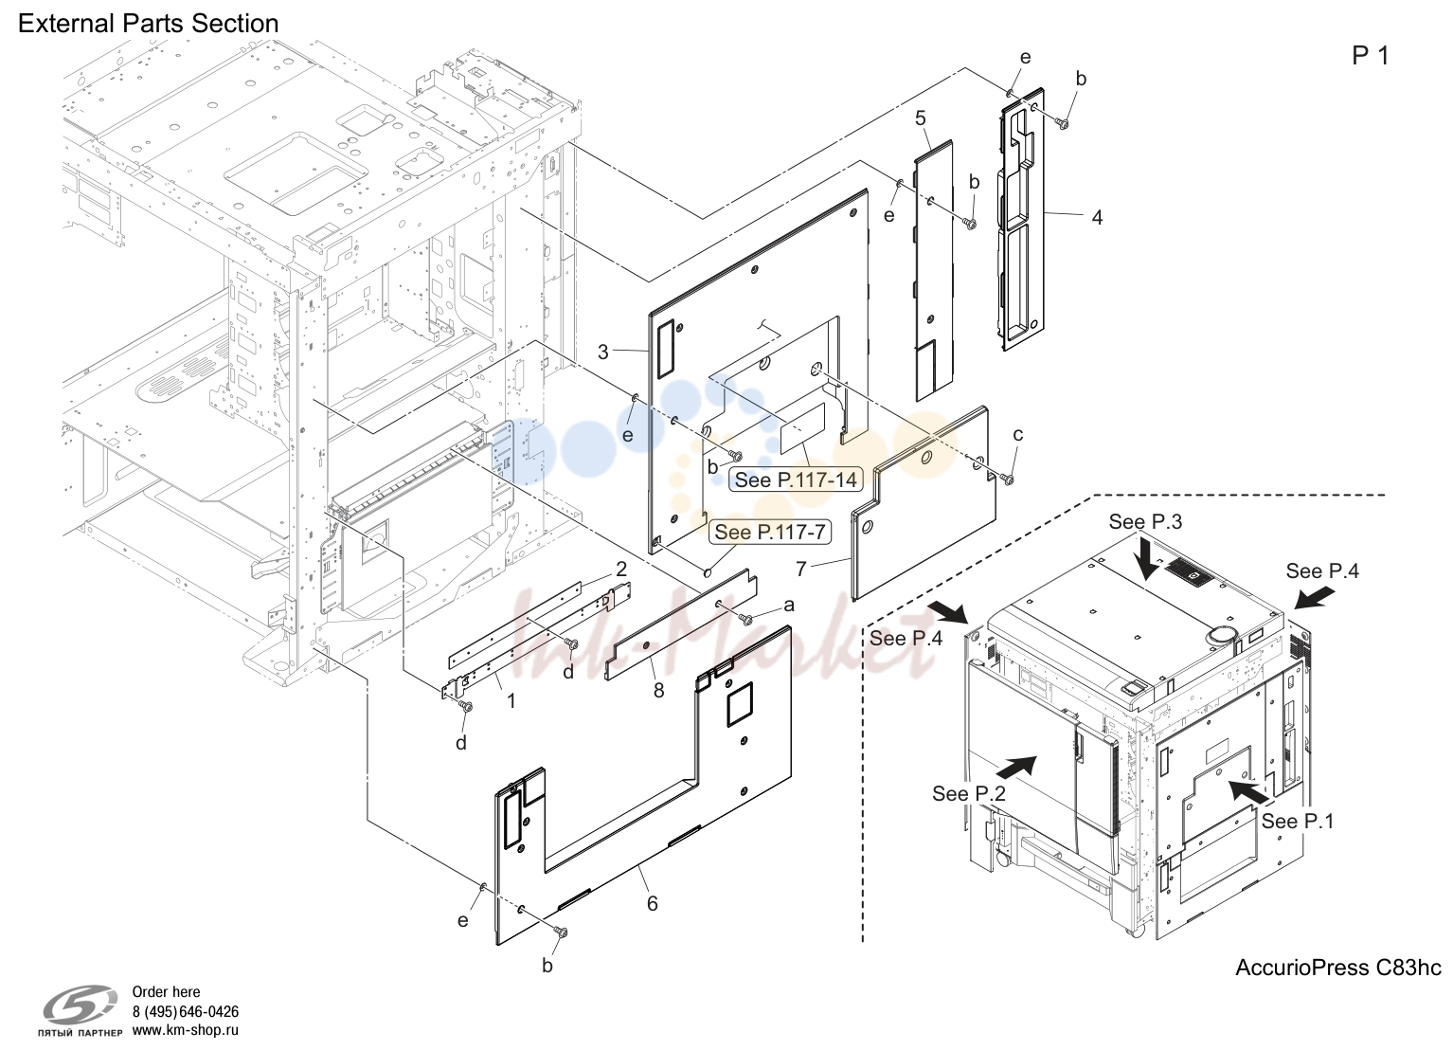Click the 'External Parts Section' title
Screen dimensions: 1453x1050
pyautogui.click(x=149, y=24)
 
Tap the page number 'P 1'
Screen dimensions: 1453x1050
pyautogui.click(x=1370, y=57)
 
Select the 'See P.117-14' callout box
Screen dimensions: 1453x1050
pyautogui.click(x=796, y=480)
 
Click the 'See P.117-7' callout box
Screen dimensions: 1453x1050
pyautogui.click(x=770, y=533)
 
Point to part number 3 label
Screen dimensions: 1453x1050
pyautogui.click(x=603, y=353)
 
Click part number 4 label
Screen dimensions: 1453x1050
pyautogui.click(x=1097, y=217)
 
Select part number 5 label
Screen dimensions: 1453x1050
pyautogui.click(x=921, y=118)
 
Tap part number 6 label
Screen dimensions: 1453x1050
pyautogui.click(x=653, y=903)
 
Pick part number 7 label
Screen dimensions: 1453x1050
pyautogui.click(x=801, y=570)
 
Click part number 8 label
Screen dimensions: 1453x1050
pyautogui.click(x=659, y=691)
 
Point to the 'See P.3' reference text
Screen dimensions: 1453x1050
pyautogui.click(x=1145, y=521)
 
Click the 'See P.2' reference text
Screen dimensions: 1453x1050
pyautogui.click(x=969, y=793)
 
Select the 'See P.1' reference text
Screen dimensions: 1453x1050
pyautogui.click(x=1298, y=821)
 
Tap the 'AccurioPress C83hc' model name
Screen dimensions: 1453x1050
pyautogui.click(x=1338, y=968)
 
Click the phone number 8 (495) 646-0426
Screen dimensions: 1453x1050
pyautogui.click(x=186, y=1012)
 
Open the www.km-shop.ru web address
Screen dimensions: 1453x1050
pyautogui.click(x=186, y=1030)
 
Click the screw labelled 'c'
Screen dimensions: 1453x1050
pyautogui.click(x=1008, y=479)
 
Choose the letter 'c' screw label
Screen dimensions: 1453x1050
pyautogui.click(x=1017, y=435)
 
